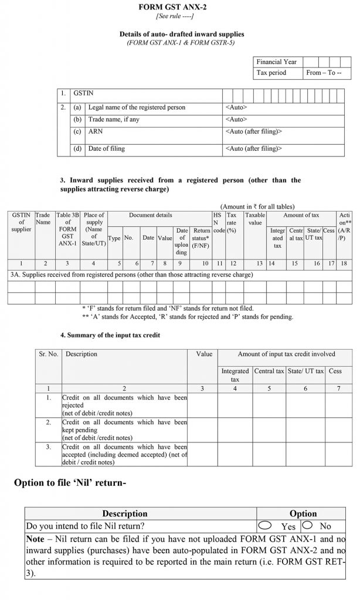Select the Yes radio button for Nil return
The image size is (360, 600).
point(266,525)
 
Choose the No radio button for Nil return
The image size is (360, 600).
point(307,525)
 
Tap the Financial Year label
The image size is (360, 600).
point(276,62)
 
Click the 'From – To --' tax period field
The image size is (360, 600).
point(327,73)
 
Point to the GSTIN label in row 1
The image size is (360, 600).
point(83,93)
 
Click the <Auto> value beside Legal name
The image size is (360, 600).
point(236,107)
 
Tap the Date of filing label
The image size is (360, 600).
point(106,149)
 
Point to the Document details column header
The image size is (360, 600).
point(151,216)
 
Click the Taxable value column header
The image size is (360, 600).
point(255,219)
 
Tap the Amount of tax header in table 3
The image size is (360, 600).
point(301,216)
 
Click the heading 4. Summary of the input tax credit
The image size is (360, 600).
point(111,335)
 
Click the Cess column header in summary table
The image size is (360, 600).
point(335,371)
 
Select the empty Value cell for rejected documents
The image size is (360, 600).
point(202,404)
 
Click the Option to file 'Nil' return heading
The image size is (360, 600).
point(70,483)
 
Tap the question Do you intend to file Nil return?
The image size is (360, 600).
point(86,526)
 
